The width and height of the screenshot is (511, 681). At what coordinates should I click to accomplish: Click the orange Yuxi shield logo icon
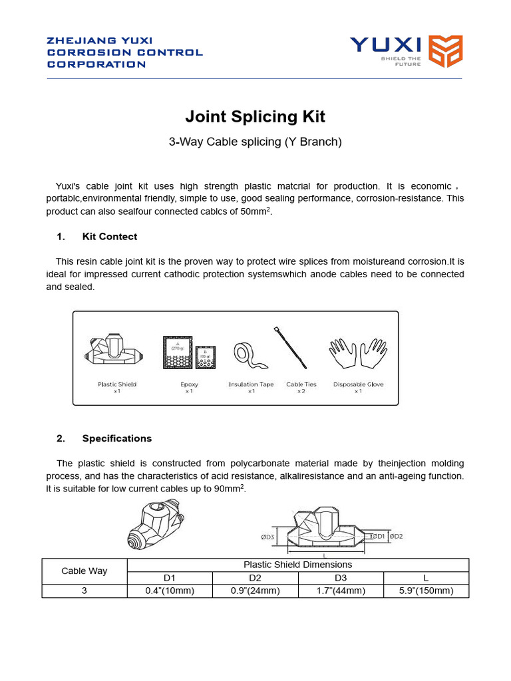[445, 52]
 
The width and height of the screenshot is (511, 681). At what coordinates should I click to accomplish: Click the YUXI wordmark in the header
[386, 45]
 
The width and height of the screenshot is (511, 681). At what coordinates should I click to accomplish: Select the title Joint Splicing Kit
[255, 117]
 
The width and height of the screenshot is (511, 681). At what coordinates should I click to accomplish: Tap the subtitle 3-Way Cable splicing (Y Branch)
[255, 142]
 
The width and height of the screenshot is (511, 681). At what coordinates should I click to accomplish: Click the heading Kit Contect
[110, 237]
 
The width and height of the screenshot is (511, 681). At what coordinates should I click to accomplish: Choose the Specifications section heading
[117, 438]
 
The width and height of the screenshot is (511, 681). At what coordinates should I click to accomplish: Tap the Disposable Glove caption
[358, 384]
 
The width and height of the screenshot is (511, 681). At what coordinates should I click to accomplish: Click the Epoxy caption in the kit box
[189, 384]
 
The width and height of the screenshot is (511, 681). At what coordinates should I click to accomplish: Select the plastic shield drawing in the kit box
[116, 353]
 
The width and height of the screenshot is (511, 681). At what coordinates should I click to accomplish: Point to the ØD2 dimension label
[397, 536]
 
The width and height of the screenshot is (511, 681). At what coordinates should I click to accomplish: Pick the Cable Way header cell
[85, 571]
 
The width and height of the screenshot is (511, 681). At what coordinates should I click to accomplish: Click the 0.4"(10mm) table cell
[170, 591]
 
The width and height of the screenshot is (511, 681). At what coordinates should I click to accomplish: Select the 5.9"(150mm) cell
[426, 591]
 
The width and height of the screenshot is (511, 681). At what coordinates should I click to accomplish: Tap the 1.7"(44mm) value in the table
[341, 591]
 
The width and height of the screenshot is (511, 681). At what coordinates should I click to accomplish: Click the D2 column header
[255, 578]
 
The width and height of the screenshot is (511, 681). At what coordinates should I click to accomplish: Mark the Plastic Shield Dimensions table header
[297, 565]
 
